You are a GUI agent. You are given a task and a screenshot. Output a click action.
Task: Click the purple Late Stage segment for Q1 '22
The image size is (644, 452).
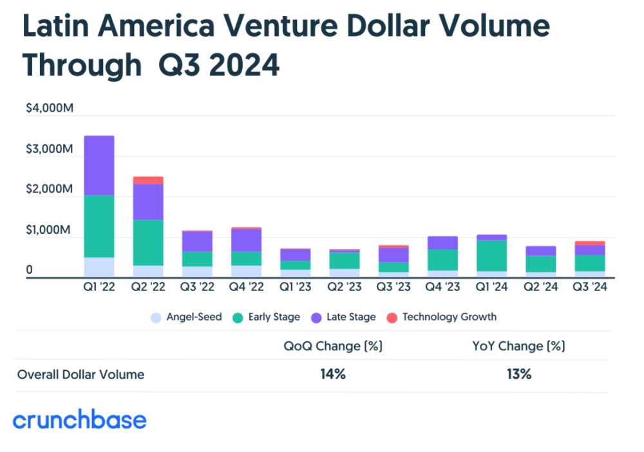click(x=99, y=165)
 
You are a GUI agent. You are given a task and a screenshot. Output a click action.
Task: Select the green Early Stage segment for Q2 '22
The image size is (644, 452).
click(x=148, y=243)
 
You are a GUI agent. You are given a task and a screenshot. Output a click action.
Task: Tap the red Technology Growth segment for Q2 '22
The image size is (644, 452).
click(x=148, y=180)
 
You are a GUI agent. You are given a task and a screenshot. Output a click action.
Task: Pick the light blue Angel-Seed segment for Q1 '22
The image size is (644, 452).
click(x=99, y=267)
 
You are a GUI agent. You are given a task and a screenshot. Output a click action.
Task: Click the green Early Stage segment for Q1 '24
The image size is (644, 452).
click(x=491, y=256)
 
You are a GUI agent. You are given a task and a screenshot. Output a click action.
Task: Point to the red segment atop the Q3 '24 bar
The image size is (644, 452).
click(x=590, y=243)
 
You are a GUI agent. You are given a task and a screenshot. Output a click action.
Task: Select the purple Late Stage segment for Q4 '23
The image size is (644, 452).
click(x=443, y=243)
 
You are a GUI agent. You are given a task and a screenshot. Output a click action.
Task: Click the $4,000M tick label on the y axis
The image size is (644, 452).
click(x=50, y=108)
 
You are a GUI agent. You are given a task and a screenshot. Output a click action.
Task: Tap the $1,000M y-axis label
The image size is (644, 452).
click(x=48, y=229)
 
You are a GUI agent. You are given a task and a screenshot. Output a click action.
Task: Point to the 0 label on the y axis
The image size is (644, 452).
click(x=29, y=270)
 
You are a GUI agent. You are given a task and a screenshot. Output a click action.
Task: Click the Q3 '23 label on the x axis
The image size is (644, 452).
click(x=393, y=287)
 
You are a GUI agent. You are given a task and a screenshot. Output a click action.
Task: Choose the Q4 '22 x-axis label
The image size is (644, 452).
click(x=247, y=287)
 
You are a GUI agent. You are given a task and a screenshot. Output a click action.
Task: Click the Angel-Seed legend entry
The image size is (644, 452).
click(x=187, y=317)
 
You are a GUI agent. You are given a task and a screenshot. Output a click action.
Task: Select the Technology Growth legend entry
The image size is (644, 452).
click(x=442, y=317)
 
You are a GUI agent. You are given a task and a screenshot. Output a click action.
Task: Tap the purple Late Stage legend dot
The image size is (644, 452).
click(x=316, y=318)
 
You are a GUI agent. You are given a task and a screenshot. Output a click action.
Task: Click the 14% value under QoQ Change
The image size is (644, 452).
click(x=333, y=374)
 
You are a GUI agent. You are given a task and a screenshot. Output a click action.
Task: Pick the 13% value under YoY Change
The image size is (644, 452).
click(x=519, y=374)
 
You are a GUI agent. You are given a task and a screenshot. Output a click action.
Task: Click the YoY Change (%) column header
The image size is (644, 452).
click(x=518, y=346)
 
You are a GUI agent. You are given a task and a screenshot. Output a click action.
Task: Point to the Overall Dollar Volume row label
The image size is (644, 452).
click(x=81, y=374)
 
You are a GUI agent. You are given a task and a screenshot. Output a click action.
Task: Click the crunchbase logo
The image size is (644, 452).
click(x=80, y=419)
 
